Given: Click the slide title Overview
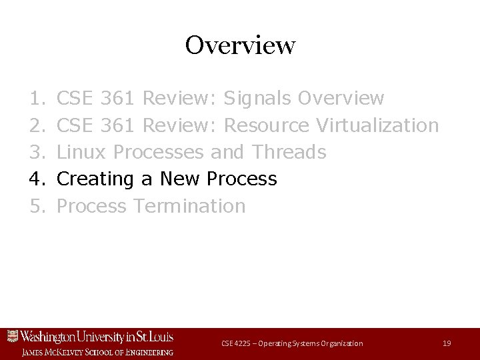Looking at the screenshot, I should [x=240, y=45].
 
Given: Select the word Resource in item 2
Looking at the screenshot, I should [x=267, y=125].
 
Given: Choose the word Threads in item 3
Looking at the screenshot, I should [x=289, y=152].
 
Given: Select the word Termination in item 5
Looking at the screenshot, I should [x=189, y=205].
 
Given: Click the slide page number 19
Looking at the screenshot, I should [x=447, y=343].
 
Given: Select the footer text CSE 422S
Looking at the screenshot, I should [x=237, y=343].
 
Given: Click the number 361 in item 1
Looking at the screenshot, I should [x=119, y=99].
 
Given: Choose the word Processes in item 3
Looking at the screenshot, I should [x=158, y=152].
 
